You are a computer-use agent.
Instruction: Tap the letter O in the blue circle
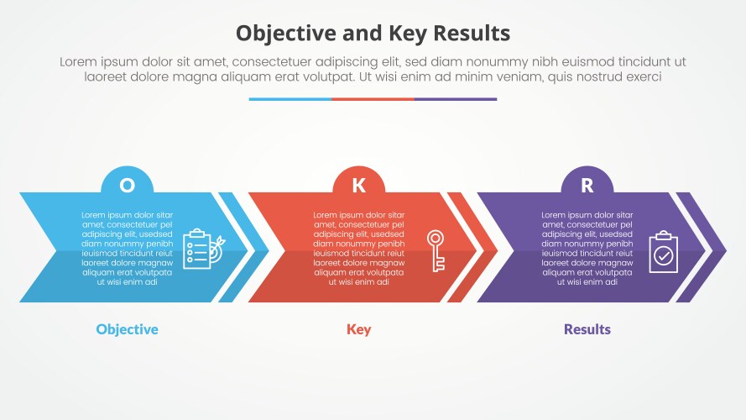tap(127, 186)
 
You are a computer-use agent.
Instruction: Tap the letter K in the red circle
tap(358, 186)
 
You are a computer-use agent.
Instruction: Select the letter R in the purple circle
tap(587, 186)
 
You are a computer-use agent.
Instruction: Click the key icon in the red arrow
tap(436, 250)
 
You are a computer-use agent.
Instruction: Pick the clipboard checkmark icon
tap(664, 251)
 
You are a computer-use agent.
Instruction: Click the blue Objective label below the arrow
tap(127, 328)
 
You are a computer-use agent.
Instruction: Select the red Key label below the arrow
tap(358, 328)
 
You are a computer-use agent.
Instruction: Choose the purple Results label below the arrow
tap(587, 328)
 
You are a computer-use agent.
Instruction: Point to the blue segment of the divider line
tap(290, 99)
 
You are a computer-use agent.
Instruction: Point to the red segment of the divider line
tap(373, 99)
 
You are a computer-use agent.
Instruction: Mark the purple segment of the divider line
tap(455, 99)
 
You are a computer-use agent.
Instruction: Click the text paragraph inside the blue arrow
tap(127, 249)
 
